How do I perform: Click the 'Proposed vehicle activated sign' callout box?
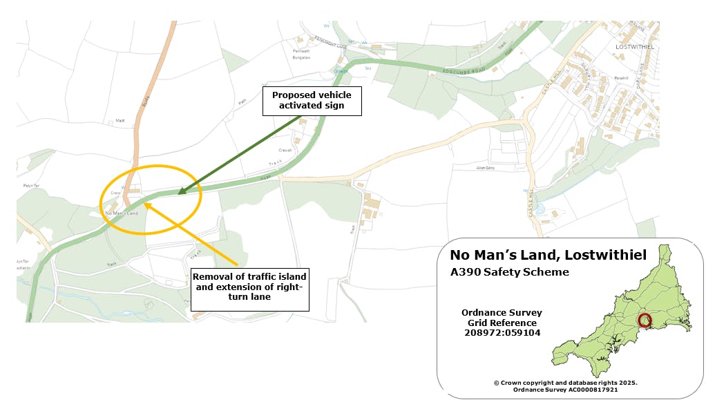(x=311, y=101)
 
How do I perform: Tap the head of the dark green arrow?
(x=178, y=193)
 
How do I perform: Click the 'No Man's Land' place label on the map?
(x=122, y=213)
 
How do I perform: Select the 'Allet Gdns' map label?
(x=486, y=168)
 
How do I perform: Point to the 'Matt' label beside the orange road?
(x=120, y=121)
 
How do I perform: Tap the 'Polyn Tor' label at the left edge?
(x=29, y=186)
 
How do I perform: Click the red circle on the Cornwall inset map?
(x=644, y=320)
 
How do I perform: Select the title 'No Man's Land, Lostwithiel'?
(x=549, y=255)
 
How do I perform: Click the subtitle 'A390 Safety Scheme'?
(x=510, y=272)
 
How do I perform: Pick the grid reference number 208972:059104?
(x=502, y=333)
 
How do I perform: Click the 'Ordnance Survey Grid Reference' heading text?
(x=502, y=318)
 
